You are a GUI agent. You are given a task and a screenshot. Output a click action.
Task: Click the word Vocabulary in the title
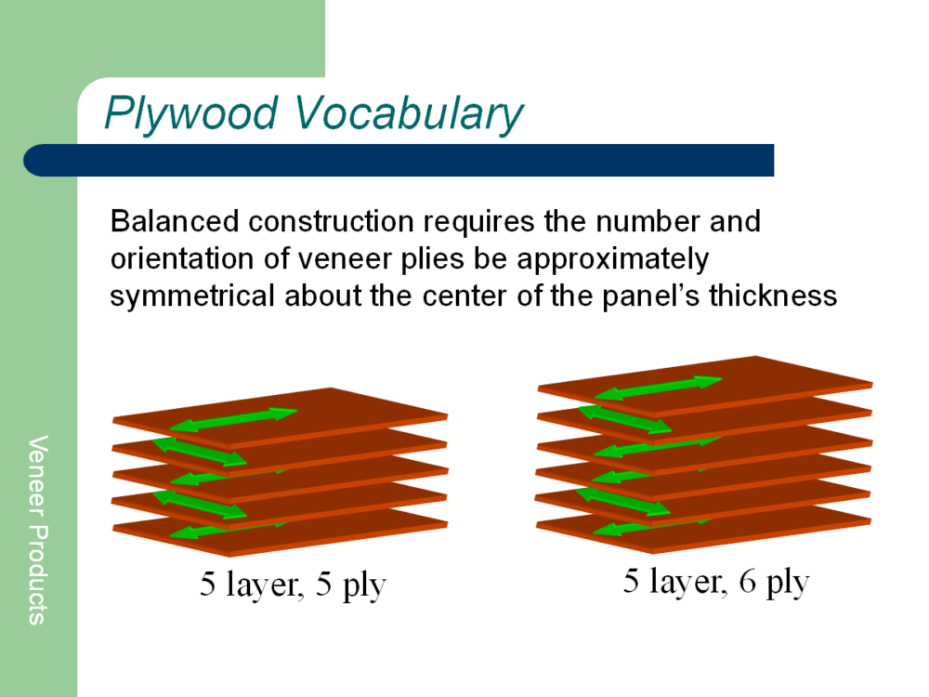[x=409, y=113]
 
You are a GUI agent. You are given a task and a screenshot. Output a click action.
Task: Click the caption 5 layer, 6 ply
[x=716, y=582]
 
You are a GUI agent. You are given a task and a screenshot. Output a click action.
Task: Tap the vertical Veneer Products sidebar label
[x=37, y=530]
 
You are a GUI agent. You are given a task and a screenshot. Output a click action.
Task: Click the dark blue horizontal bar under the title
[x=399, y=160]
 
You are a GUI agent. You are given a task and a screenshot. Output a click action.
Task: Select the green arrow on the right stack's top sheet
[x=659, y=388]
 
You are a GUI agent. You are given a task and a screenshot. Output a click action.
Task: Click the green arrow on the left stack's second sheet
[x=200, y=452]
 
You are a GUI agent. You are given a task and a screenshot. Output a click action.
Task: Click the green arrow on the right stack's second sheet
[x=624, y=420]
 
